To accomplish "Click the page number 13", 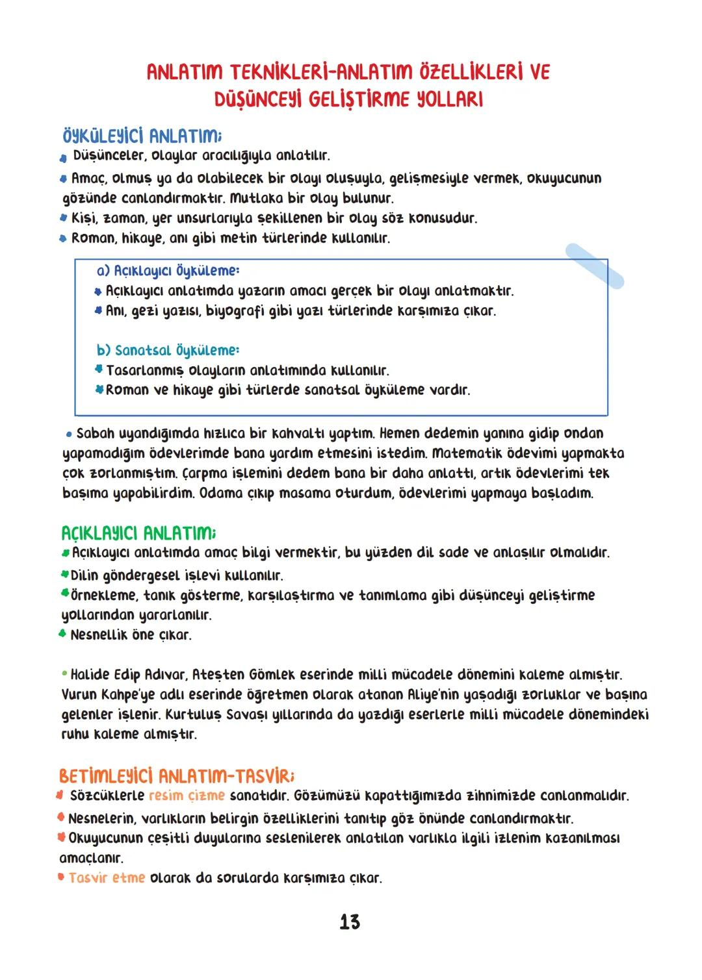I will (x=350, y=922).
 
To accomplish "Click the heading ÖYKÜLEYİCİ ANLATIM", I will (x=142, y=136).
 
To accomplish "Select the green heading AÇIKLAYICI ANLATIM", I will (x=138, y=534).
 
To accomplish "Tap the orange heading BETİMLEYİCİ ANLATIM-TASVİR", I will (x=176, y=776).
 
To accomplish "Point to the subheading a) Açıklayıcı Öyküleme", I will (x=168, y=270).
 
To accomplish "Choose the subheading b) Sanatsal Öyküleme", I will (x=168, y=351).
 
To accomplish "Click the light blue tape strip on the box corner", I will (x=594, y=266).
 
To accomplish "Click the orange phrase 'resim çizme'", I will (x=187, y=796).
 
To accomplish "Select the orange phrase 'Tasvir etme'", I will (x=107, y=878).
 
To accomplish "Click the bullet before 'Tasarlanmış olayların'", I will (x=99, y=370).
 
